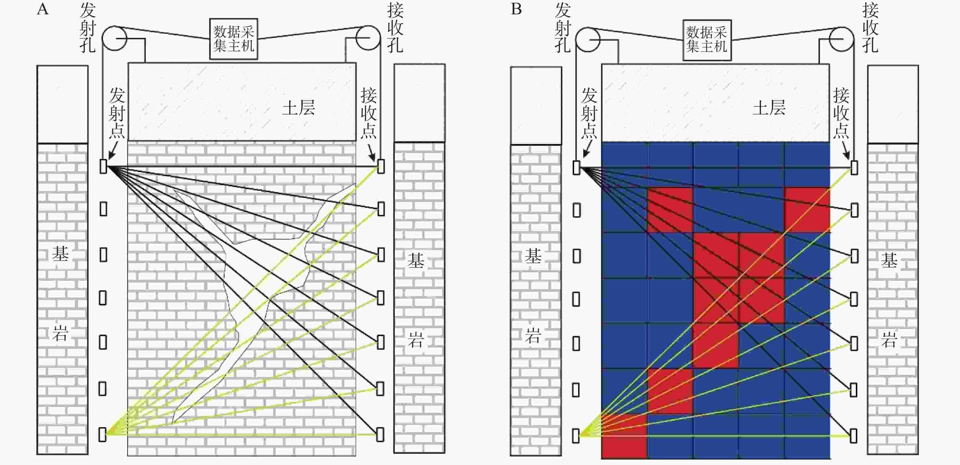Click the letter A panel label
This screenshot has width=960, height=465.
43,9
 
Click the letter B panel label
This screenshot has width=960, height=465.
516,9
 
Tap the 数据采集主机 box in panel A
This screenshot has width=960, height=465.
234,39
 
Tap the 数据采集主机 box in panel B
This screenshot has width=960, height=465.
707,40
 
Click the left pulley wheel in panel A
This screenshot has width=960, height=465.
114,38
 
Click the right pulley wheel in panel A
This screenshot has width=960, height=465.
368,38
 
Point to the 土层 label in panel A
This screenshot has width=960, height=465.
298,108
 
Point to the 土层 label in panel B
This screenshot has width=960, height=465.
769,108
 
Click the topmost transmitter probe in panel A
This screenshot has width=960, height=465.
104,166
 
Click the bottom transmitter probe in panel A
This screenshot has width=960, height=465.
102,434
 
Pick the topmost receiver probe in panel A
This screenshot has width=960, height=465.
381,166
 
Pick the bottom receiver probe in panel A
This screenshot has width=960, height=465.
380,434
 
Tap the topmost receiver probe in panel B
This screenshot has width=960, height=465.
854,168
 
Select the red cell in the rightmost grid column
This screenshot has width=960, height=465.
807,210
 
